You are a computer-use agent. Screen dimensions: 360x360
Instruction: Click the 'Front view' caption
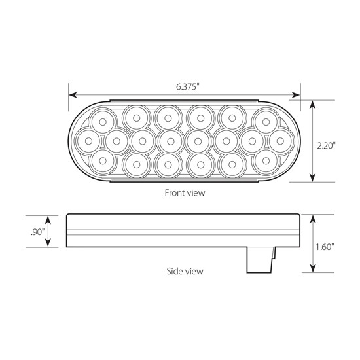184,193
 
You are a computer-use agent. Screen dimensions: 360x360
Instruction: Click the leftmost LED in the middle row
87,139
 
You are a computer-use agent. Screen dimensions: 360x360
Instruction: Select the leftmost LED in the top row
103,120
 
